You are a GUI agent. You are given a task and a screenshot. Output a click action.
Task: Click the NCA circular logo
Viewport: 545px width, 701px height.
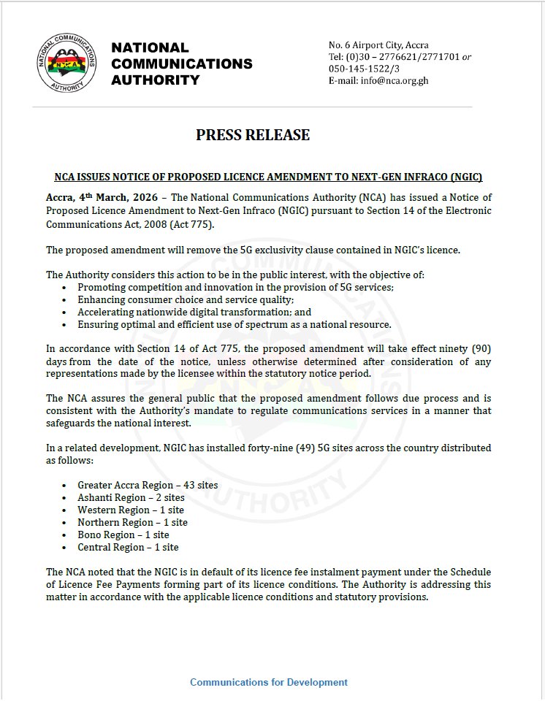point(66,64)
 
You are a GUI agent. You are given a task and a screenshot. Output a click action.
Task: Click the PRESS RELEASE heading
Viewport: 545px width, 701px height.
point(253,134)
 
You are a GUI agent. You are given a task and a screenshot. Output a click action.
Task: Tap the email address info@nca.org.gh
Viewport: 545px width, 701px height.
point(394,80)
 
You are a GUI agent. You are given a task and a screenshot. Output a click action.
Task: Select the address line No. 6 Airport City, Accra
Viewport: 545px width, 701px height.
point(378,45)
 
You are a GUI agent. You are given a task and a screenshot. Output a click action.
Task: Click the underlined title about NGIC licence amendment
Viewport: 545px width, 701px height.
point(269,177)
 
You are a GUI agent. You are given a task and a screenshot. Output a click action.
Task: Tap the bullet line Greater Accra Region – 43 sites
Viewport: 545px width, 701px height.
point(148,485)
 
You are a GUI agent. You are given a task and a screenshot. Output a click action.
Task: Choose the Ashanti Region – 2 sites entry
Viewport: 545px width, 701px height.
point(131,497)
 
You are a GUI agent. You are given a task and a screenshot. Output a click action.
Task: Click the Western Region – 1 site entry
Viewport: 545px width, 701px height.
point(131,510)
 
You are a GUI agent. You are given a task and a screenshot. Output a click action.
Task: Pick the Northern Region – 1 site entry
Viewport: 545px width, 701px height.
point(132,522)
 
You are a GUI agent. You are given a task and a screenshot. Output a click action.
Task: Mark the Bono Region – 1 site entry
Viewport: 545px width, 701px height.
point(123,535)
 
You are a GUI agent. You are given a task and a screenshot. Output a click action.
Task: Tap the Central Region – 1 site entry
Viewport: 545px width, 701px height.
point(128,547)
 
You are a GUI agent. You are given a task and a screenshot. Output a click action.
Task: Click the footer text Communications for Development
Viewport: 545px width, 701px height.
point(269,682)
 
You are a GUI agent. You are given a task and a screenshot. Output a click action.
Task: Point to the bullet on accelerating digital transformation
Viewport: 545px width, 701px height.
point(194,312)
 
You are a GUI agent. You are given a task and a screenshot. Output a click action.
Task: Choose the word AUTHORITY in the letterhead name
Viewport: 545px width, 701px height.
point(155,80)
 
